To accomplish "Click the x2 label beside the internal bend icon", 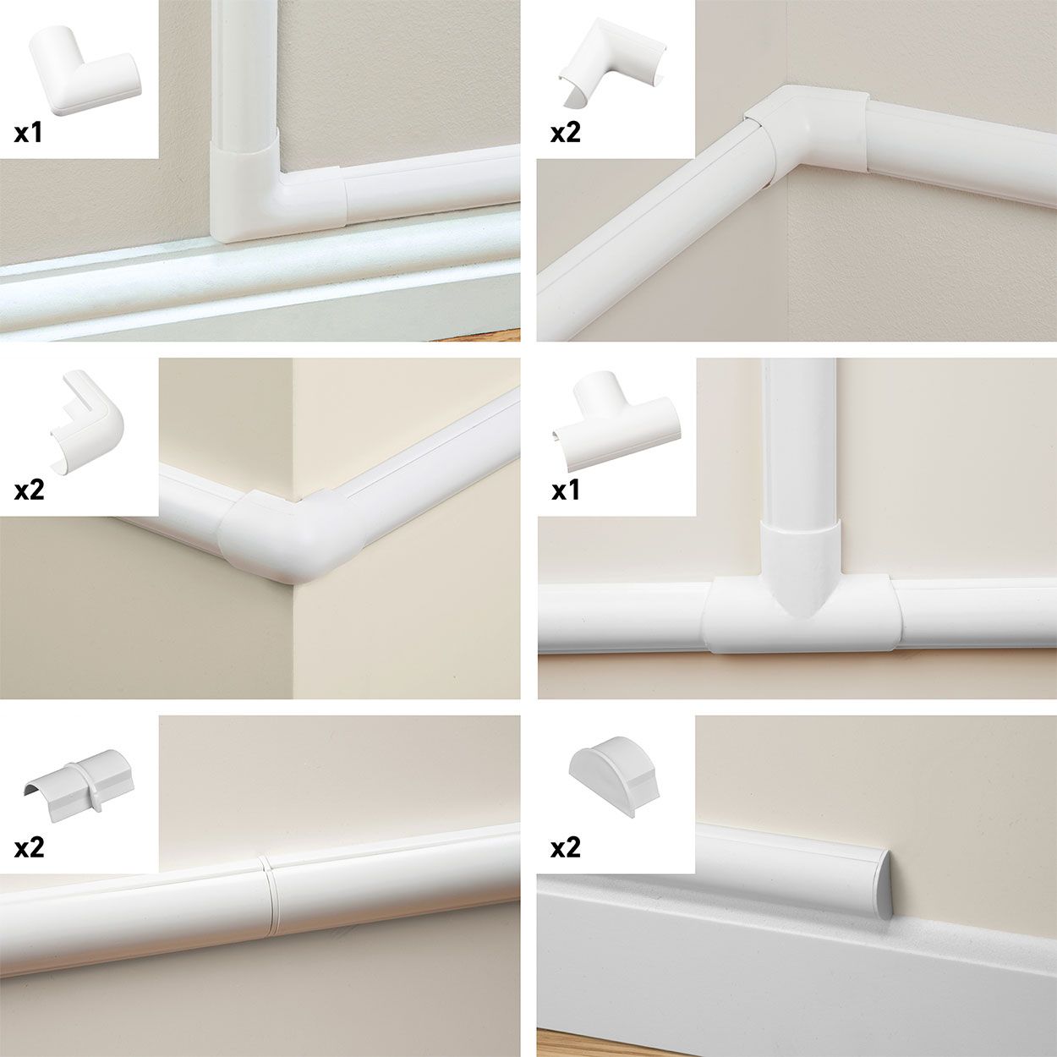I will coord(565,133).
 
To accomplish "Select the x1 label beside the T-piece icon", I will coord(565,490).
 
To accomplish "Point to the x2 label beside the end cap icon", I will coord(565,847).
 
